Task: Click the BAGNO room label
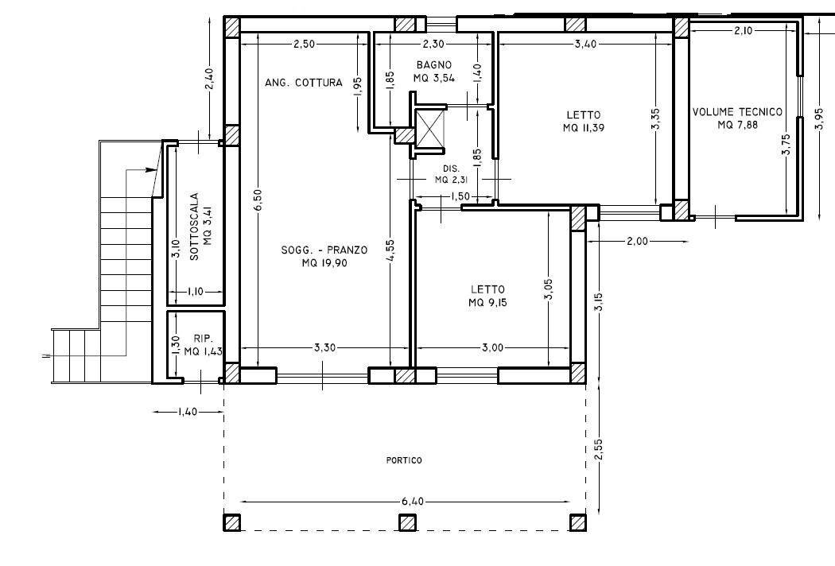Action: click(x=433, y=65)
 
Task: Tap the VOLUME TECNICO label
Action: click(x=737, y=112)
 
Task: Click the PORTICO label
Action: click(x=405, y=460)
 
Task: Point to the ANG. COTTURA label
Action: click(x=303, y=83)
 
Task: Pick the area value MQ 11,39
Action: click(x=584, y=128)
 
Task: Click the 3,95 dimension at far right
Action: click(x=819, y=112)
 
